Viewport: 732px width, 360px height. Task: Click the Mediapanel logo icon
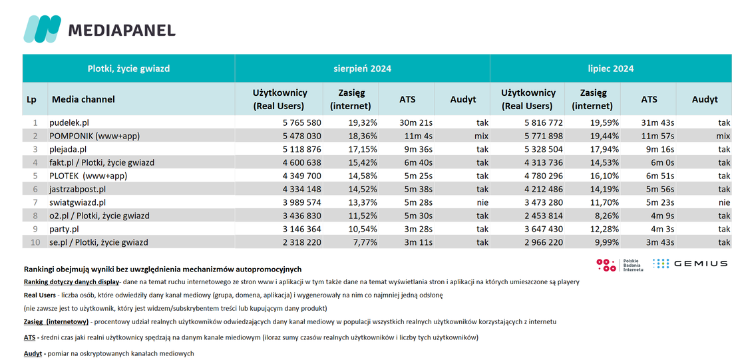[x=42, y=29]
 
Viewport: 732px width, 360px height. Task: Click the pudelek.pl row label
[x=69, y=123]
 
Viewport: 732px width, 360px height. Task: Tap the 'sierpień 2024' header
[x=362, y=69]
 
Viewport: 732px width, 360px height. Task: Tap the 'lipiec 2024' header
[x=611, y=69]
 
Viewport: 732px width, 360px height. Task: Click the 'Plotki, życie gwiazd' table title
[x=128, y=69]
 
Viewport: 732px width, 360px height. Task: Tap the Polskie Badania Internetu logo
[x=620, y=265]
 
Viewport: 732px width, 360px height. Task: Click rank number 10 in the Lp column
[x=35, y=243]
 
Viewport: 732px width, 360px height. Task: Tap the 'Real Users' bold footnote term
[x=39, y=295]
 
